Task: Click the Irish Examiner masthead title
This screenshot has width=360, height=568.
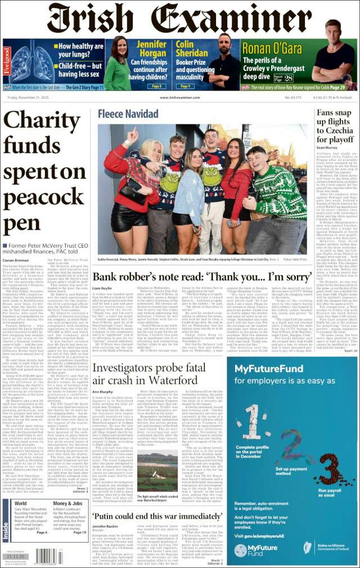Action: coord(179,19)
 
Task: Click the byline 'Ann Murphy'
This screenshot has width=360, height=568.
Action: coord(102,376)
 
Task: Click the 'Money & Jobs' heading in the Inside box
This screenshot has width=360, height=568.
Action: coord(67,503)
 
